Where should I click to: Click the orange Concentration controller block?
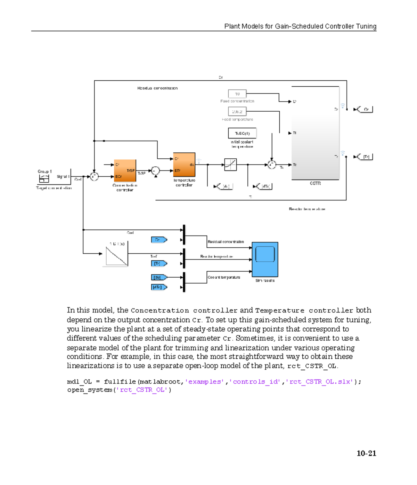pyautogui.click(x=125, y=170)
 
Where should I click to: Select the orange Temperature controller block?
pyautogui.click(x=184, y=165)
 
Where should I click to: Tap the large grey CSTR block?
pyautogui.click(x=315, y=133)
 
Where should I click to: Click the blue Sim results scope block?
pyautogui.click(x=265, y=259)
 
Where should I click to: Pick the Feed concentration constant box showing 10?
pyautogui.click(x=237, y=94)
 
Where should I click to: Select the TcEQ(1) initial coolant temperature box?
pyautogui.click(x=242, y=133)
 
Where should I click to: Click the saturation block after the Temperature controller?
pyautogui.click(x=230, y=165)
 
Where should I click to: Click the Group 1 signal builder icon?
pyautogui.click(x=44, y=178)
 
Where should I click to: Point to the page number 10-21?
pyautogui.click(x=366, y=453)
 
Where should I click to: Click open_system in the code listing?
pyautogui.click(x=90, y=390)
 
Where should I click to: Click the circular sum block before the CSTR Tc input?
pyautogui.click(x=271, y=165)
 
